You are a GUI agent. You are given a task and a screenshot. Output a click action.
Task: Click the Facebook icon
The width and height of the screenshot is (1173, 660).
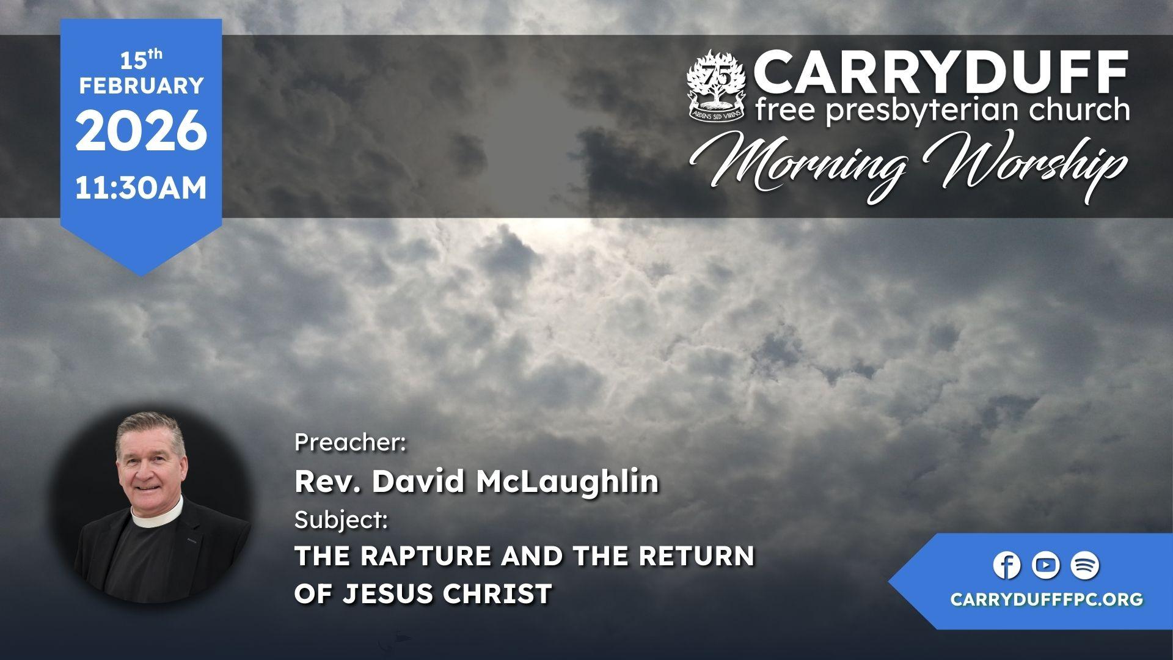(1007, 565)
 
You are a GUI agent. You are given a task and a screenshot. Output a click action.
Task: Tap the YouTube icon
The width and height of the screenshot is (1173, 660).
(1046, 565)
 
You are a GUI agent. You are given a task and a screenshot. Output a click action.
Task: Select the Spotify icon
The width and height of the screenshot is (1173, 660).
(1085, 565)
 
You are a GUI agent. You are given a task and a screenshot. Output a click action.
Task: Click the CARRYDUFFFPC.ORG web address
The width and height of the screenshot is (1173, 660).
(1047, 599)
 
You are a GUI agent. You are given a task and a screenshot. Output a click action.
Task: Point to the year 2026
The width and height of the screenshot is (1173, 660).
(141, 131)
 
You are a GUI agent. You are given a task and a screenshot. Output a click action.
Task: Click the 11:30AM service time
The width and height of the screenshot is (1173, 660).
(141, 188)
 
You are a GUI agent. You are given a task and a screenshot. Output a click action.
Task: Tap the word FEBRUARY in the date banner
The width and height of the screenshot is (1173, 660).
(141, 86)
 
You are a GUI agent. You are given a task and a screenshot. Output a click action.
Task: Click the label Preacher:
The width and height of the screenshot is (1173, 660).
(350, 442)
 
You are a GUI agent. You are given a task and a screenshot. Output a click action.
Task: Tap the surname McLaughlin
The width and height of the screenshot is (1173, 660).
(568, 481)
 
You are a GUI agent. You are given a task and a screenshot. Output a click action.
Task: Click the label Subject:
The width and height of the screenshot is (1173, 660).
(341, 521)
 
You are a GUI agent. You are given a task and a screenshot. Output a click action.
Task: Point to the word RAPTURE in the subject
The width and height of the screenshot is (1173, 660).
(425, 556)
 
